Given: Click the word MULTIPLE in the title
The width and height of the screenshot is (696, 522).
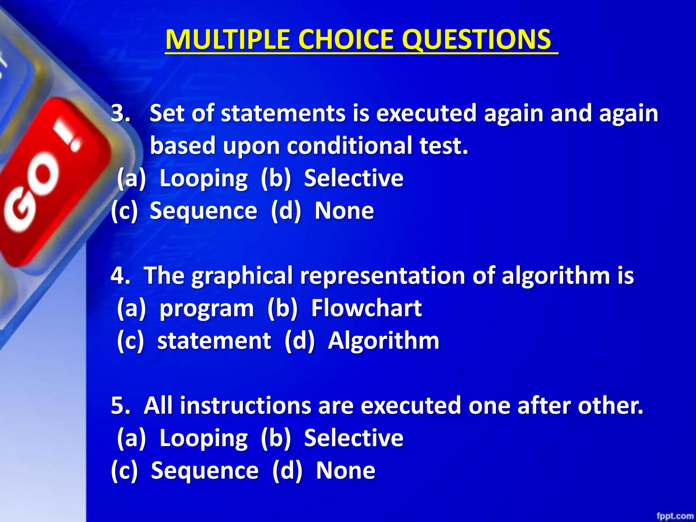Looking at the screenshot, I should pos(227,39).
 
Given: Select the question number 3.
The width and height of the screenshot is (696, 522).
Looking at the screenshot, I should pos(120,113).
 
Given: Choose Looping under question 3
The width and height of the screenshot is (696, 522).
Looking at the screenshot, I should pos(203,178).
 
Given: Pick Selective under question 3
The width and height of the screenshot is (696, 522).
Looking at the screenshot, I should pos(353,178).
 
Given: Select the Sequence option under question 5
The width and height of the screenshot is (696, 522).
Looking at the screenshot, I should pos(205,471).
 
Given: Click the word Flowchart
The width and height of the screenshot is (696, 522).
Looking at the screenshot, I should pos(366,308).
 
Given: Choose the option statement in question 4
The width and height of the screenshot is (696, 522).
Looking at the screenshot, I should pos(214,341).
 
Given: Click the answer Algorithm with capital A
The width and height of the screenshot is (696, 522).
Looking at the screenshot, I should pos(383,341).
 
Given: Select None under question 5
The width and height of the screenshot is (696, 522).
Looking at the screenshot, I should pos(345,471).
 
